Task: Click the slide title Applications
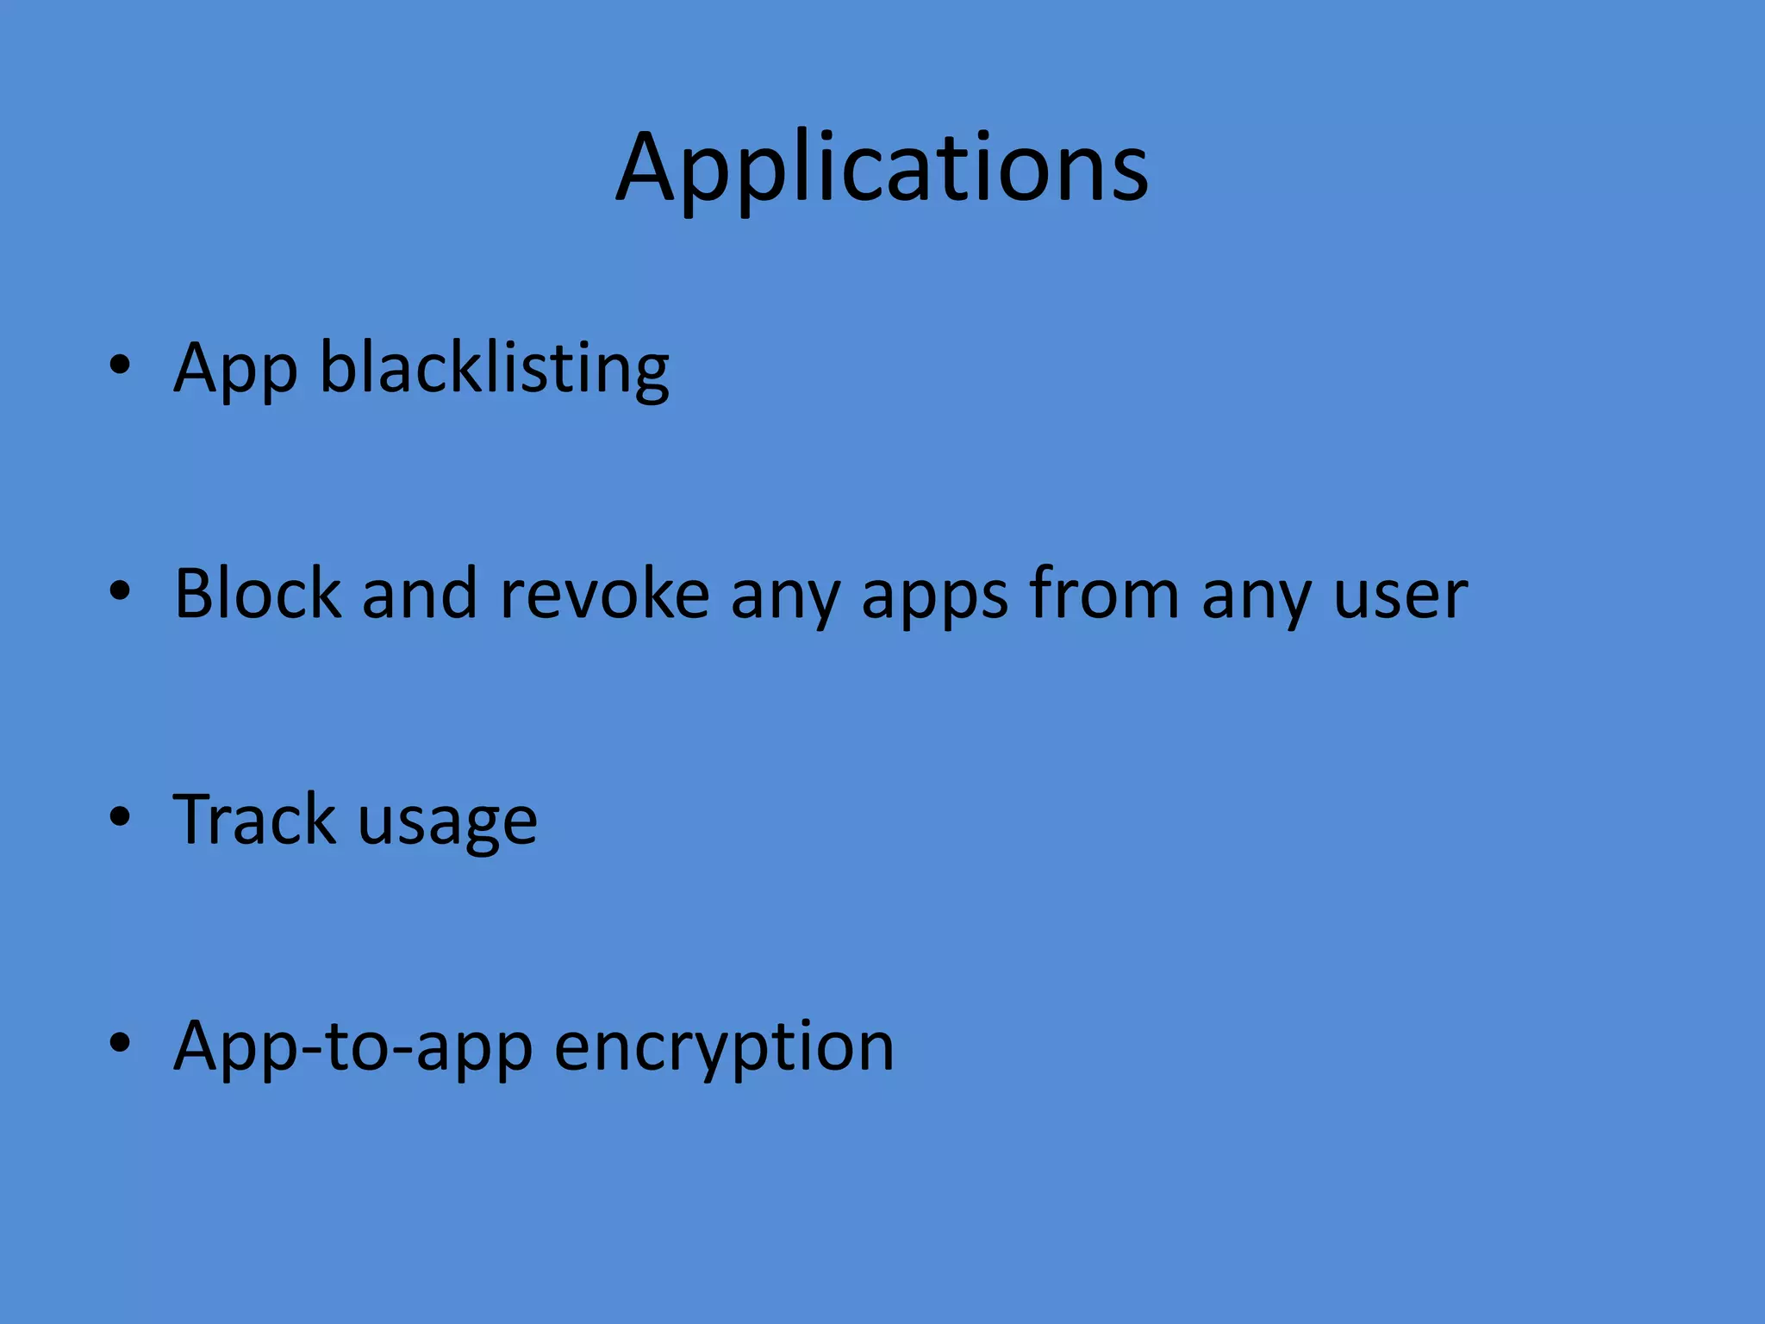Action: pyautogui.click(x=882, y=168)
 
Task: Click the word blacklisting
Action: pyautogui.click(x=495, y=369)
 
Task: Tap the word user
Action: pyautogui.click(x=1400, y=595)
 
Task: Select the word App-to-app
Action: pyautogui.click(x=353, y=1046)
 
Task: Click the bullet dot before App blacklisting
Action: pyautogui.click(x=120, y=365)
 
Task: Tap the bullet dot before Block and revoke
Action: pyautogui.click(x=120, y=591)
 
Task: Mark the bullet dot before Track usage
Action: pyautogui.click(x=120, y=817)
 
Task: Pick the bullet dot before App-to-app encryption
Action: pyautogui.click(x=120, y=1043)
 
